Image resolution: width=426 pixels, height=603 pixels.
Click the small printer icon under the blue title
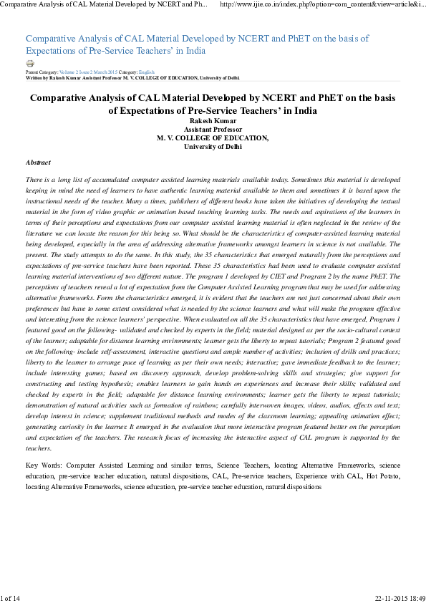pyautogui.click(x=29, y=64)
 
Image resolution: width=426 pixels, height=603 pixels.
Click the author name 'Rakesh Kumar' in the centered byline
pyautogui.click(x=213, y=121)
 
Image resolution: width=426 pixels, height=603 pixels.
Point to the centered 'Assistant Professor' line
pyautogui.click(x=213, y=130)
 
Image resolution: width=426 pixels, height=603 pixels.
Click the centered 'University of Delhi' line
pyautogui.click(x=213, y=146)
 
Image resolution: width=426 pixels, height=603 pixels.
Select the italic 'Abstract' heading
pyautogui.click(x=38, y=163)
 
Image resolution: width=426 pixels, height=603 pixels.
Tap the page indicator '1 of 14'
pyautogui.click(x=11, y=597)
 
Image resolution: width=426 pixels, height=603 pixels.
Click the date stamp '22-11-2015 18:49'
pyautogui.click(x=400, y=597)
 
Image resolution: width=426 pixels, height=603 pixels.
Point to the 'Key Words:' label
pyautogui.click(x=42, y=465)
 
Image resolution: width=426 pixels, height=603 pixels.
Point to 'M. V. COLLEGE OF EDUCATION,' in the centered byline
pyautogui.click(x=213, y=138)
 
